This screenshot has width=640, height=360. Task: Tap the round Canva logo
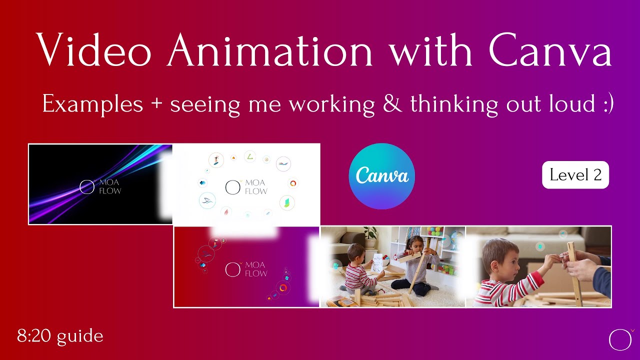381,176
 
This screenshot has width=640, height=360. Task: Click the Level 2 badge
575,175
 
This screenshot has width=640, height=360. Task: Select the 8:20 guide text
60,336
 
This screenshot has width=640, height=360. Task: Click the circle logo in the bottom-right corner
620,339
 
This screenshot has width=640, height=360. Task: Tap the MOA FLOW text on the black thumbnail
109,186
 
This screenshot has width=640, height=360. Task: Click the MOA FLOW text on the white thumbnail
256,186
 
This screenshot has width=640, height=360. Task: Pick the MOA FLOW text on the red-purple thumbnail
256,269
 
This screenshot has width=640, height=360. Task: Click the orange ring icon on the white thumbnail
293,183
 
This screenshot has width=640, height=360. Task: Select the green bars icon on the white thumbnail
287,202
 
